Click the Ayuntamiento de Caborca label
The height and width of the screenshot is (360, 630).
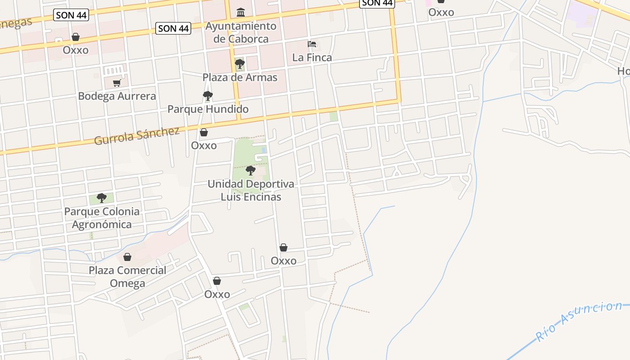pos(241,32)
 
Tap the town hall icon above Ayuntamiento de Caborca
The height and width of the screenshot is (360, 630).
pos(241,12)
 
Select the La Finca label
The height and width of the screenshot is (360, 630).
pos(312,58)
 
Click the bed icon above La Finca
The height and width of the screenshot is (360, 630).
pos(312,44)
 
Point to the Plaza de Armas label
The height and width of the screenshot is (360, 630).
pos(240,77)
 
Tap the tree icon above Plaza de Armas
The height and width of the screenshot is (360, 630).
pos(240,64)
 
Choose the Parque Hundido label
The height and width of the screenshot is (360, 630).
pos(208,109)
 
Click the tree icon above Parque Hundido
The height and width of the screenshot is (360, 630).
pos(207,95)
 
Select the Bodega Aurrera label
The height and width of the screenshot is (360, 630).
pos(117,96)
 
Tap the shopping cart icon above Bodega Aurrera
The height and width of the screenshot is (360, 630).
pos(117,83)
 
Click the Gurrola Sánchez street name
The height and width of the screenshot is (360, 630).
pos(137,135)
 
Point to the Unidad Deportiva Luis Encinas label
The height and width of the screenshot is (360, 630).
pos(251,190)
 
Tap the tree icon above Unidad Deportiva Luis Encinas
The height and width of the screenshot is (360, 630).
pos(251,171)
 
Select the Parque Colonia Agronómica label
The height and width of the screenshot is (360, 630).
pos(102,218)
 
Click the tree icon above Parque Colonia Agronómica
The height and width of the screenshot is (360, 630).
pos(102,198)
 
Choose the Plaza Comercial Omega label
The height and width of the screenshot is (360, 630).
pos(127,277)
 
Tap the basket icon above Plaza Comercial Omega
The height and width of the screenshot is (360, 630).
pos(127,257)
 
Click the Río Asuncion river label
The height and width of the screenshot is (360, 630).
pos(579,321)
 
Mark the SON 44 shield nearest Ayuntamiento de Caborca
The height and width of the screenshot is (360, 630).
pos(173,28)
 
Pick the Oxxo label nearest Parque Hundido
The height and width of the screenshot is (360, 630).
pos(204,145)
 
